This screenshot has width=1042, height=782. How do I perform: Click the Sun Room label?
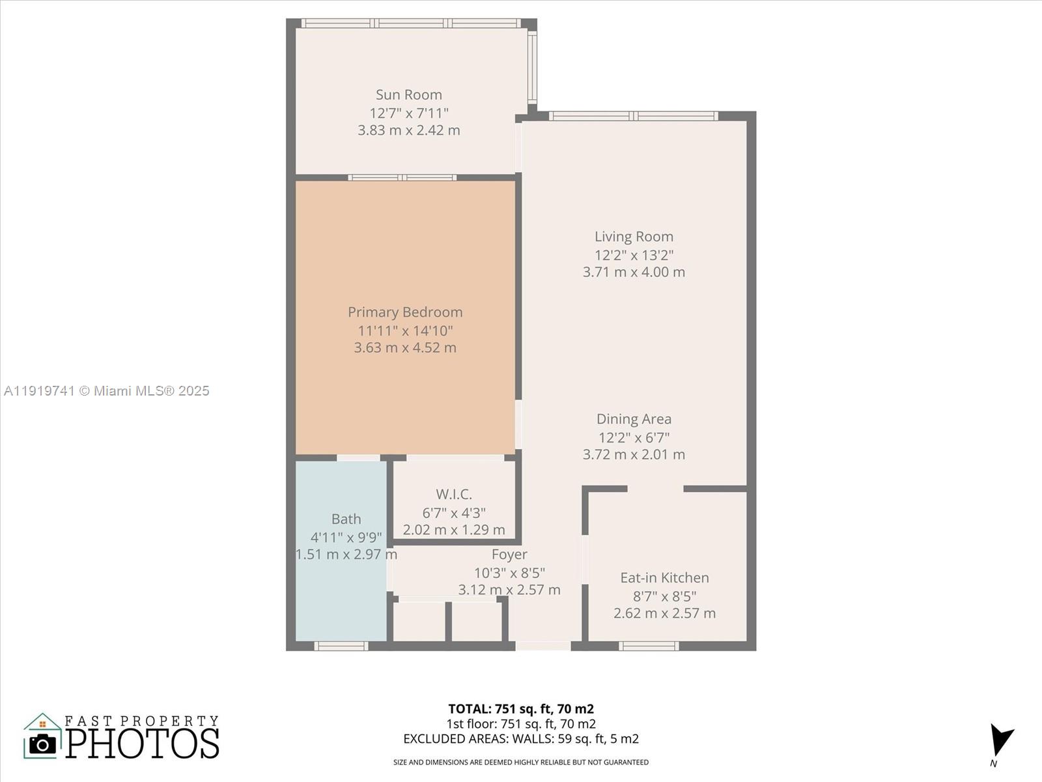coord(408,95)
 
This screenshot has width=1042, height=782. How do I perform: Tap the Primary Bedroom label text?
coord(404,312)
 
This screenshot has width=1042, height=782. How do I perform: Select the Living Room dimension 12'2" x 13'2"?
coord(634,255)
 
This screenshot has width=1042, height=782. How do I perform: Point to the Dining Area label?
coord(634,419)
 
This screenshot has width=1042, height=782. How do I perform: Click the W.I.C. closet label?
coord(454,495)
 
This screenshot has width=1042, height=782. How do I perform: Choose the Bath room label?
coord(346,519)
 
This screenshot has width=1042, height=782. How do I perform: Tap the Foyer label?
coord(509,555)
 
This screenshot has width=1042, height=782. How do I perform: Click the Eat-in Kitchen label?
coord(664,578)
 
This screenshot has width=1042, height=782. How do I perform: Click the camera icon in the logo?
coord(43,744)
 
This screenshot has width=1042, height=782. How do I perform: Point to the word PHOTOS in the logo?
coord(142,744)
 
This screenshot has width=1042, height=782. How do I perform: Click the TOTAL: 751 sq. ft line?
coord(520,709)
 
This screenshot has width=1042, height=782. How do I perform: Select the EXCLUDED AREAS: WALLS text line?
coord(520,739)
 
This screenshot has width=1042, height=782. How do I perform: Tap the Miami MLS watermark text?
coord(107,391)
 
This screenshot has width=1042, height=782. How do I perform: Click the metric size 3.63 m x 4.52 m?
coord(404,348)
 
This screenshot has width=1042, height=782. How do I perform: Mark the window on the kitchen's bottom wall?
coord(648,646)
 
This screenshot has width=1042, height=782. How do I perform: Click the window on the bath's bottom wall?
coord(341,646)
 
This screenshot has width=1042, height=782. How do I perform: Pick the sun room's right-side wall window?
coord(532,67)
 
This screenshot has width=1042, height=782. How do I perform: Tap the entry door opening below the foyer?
coord(543,646)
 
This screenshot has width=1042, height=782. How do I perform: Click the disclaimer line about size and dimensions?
coord(520,762)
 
